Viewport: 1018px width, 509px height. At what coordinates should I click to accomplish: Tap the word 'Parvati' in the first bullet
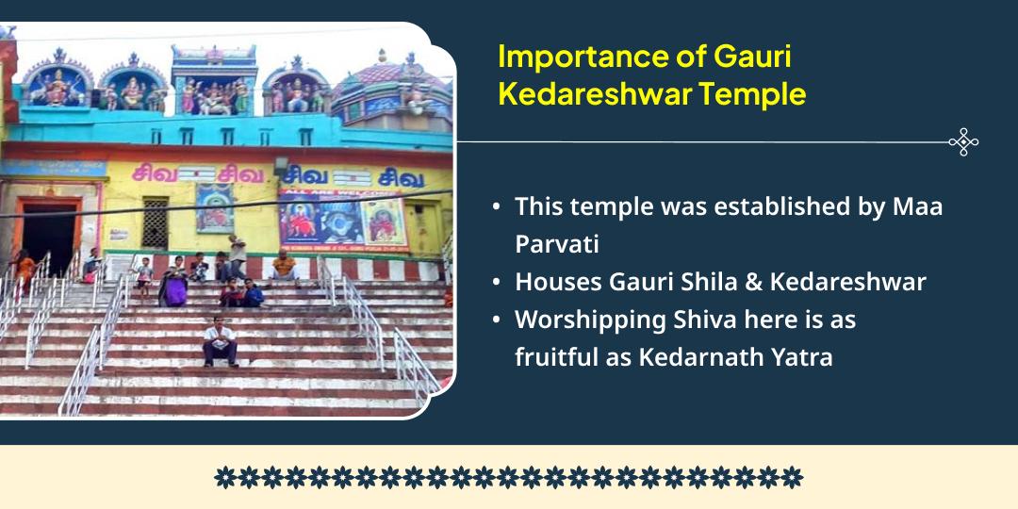556,243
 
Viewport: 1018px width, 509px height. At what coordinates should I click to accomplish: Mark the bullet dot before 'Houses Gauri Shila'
497,282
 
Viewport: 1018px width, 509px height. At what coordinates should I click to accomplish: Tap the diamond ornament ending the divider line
962,142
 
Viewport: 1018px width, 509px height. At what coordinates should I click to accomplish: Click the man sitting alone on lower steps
220,342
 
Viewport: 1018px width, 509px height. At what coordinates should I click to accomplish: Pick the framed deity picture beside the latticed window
214,207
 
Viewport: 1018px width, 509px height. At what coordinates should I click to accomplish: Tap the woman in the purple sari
172,284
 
